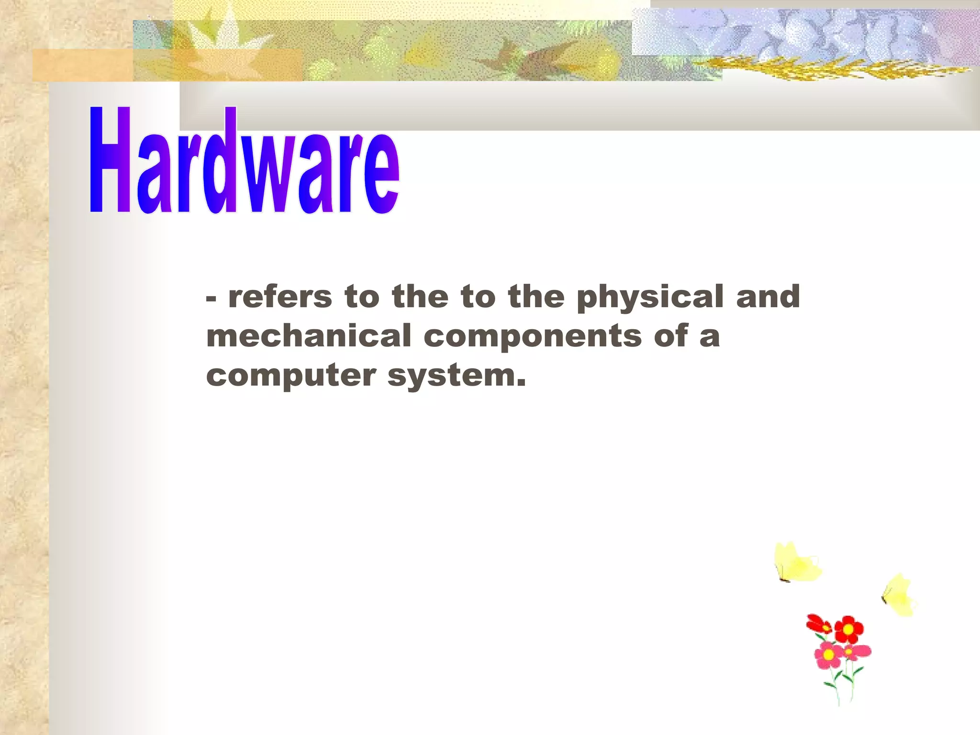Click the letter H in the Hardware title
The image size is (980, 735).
(x=110, y=160)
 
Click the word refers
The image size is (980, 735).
(x=280, y=297)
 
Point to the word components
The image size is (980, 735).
(x=533, y=336)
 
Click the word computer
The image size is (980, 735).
(x=291, y=376)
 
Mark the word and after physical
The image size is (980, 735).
(x=768, y=297)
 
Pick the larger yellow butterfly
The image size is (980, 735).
(x=797, y=563)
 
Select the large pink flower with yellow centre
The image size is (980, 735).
(x=829, y=655)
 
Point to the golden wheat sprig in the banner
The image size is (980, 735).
(x=833, y=69)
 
